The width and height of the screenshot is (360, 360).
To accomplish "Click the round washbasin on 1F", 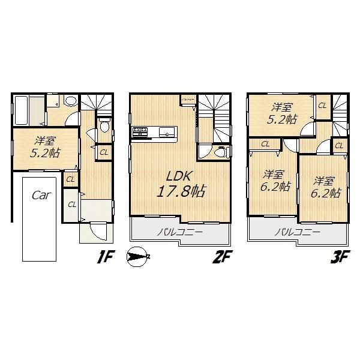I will (x=70, y=101).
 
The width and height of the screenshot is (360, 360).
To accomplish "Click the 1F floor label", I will (x=106, y=259).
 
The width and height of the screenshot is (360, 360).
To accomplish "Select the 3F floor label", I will (x=338, y=259).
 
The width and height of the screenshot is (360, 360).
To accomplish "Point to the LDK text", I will (x=179, y=176).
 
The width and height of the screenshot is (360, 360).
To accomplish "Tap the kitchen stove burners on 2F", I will (x=140, y=131).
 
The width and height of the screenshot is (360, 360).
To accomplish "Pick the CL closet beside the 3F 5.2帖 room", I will (x=322, y=106).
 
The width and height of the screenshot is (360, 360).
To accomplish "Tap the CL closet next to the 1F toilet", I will (x=104, y=152).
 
